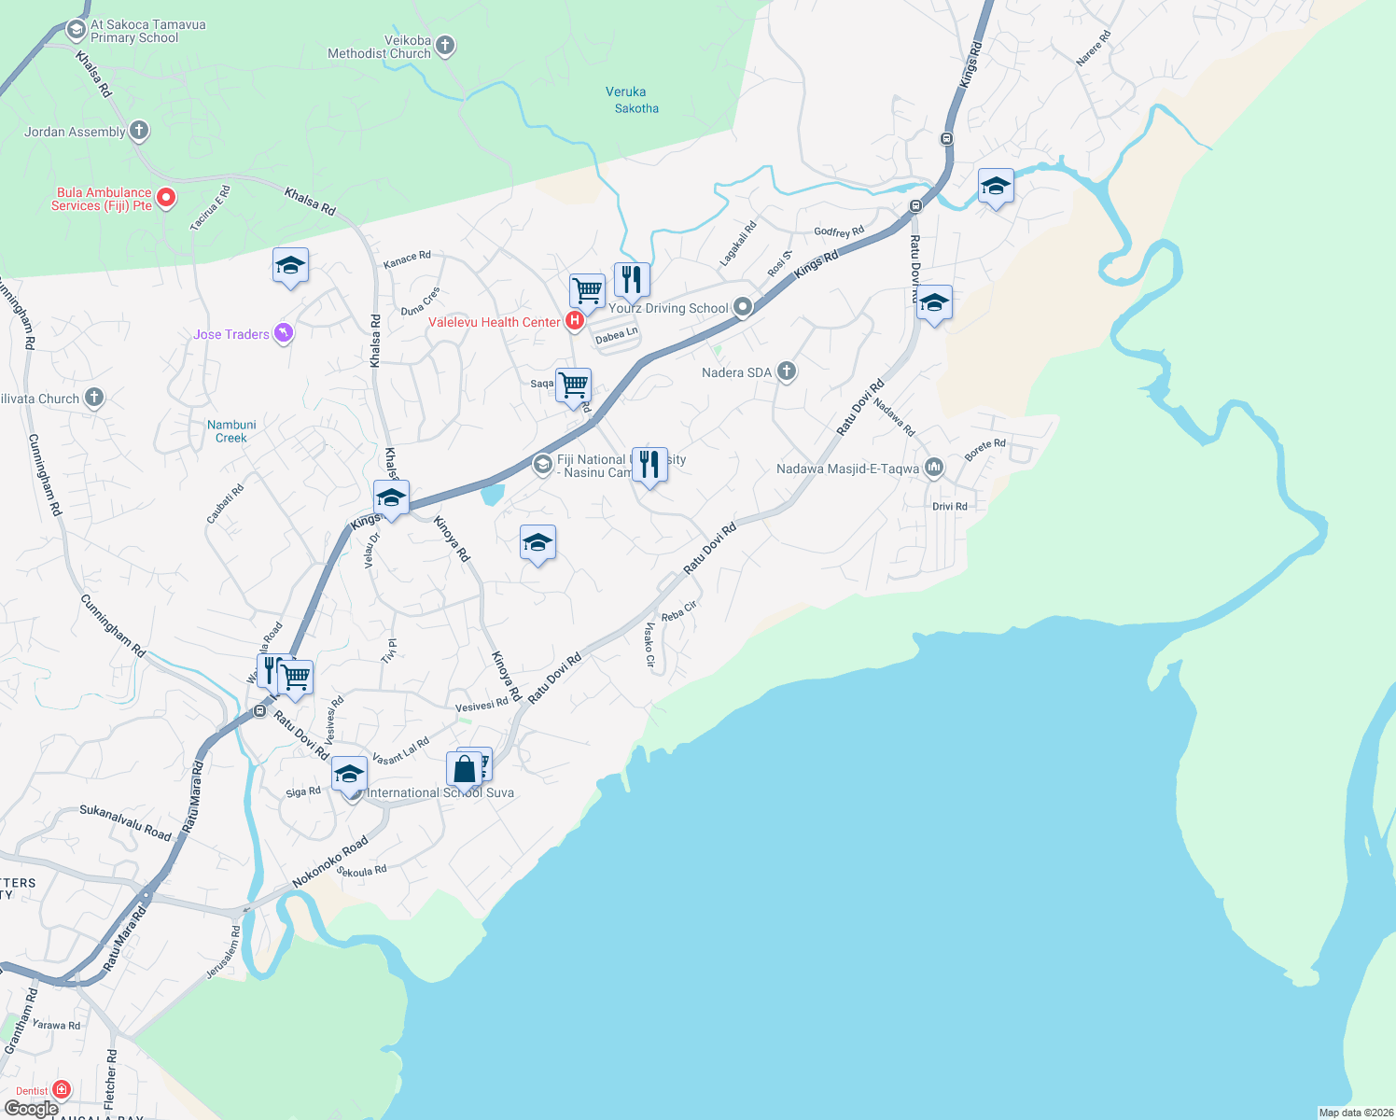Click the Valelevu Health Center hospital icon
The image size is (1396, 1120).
[575, 322]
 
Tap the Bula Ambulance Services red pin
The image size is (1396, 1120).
[166, 198]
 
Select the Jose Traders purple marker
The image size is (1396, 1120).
[284, 333]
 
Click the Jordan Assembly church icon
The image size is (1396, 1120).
[139, 131]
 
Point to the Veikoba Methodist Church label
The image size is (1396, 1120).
[380, 48]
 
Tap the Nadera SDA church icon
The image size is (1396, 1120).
[787, 371]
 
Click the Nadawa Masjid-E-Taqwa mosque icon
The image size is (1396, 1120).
[934, 469]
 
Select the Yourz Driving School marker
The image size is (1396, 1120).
[743, 307]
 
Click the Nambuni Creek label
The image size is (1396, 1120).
[231, 431]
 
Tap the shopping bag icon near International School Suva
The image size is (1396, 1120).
[464, 770]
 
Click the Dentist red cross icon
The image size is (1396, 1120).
[62, 1089]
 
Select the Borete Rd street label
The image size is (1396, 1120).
[984, 449]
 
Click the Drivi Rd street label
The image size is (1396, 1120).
[950, 507]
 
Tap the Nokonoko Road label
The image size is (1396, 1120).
[329, 862]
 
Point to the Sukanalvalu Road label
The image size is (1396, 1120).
[126, 821]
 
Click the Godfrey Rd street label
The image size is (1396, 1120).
[839, 231]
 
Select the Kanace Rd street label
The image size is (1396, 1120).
[407, 259]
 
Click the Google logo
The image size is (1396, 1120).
[32, 1109]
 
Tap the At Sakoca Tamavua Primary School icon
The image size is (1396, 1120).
[77, 30]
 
